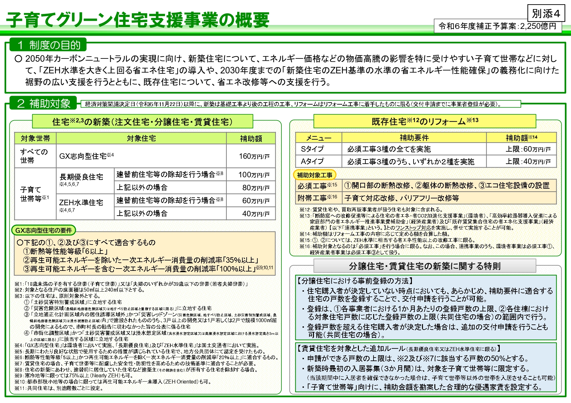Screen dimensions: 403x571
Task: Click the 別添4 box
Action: point(546,14)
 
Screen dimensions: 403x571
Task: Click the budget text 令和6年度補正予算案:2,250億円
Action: point(497,26)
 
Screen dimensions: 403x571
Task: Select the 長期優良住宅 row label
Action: point(81,177)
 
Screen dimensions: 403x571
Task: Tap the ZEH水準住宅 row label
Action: point(81,202)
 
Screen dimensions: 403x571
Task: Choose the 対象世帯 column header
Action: point(35,139)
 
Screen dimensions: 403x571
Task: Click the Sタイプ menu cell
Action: point(312,149)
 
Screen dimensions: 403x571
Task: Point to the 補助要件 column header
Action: point(414,138)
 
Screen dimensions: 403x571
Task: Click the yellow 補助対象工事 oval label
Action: point(315,175)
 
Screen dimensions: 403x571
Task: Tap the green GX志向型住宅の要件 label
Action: point(44,231)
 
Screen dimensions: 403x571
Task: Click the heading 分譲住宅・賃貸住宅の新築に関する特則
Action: point(425,266)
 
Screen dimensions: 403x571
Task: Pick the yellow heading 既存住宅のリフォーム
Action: point(425,121)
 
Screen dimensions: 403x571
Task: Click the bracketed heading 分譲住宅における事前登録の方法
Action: point(355,281)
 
